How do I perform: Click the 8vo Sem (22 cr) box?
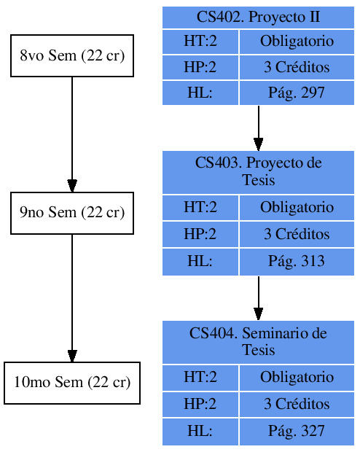pyautogui.click(x=71, y=55)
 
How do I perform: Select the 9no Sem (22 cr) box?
pyautogui.click(x=71, y=213)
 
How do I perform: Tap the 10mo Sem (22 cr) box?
pyautogui.click(x=71, y=383)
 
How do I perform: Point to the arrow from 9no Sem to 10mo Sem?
pyautogui.click(x=71, y=297)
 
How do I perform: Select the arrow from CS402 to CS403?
pyautogui.click(x=258, y=128)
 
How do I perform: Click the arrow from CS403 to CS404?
pyautogui.click(x=258, y=297)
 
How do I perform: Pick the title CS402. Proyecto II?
pyautogui.click(x=258, y=17)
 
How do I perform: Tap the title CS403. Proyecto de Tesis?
pyautogui.click(x=258, y=171)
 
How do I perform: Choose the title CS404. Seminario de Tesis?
pyautogui.click(x=258, y=341)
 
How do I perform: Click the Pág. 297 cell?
pyautogui.click(x=296, y=93)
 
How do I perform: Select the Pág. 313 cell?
pyautogui.click(x=296, y=262)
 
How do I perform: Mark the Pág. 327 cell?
pyautogui.click(x=296, y=431)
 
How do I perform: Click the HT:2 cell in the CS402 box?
pyautogui.click(x=200, y=42)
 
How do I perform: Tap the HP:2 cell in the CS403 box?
pyautogui.click(x=200, y=235)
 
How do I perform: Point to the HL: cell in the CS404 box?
pyautogui.click(x=200, y=431)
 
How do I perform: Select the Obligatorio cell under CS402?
pyautogui.click(x=296, y=42)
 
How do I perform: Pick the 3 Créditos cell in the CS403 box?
pyautogui.click(x=296, y=235)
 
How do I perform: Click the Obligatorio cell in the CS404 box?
pyautogui.click(x=296, y=378)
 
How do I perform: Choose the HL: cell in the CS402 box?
pyautogui.click(x=200, y=93)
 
